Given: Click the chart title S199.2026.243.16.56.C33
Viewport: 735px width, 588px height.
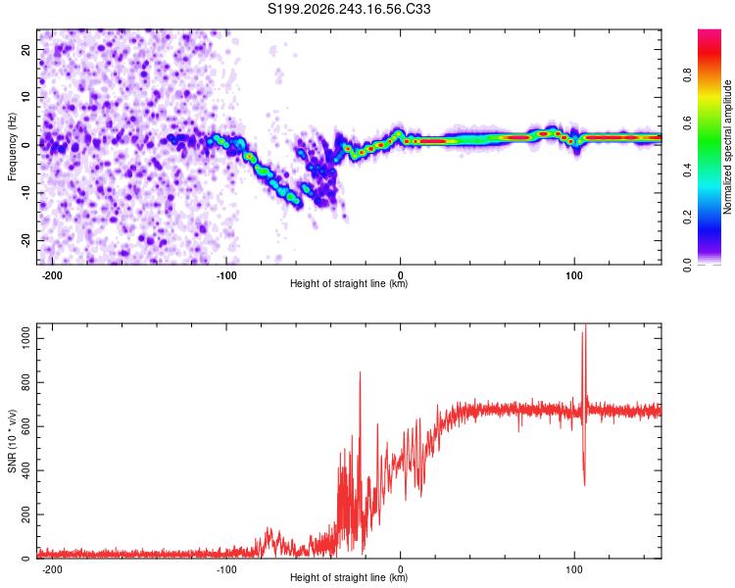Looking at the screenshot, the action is (349, 9).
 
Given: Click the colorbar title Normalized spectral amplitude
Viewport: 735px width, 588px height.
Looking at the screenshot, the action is (727, 147).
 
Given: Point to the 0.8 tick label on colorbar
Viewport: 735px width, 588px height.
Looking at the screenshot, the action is (688, 74).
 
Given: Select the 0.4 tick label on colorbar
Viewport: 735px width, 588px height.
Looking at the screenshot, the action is (688, 171).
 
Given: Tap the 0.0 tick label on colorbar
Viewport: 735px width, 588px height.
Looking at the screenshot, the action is (688, 266).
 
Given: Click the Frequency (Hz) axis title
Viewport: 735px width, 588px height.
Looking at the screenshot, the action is (12, 147).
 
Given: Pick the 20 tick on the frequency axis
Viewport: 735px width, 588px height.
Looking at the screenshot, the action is (26, 49).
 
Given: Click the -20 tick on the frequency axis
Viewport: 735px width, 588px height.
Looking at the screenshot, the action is (26, 240).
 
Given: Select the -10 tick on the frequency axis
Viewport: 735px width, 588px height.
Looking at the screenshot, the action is (26, 193).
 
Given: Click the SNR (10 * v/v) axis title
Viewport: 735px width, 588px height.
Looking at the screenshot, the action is (12, 441).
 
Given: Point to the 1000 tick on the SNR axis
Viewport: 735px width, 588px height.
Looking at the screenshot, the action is (26, 338).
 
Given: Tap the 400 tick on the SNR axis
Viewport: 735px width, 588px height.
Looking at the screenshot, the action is (26, 470).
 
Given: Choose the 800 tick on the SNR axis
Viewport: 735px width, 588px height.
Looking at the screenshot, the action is (26, 382).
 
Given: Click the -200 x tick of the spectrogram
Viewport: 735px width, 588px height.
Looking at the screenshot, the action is (52, 275).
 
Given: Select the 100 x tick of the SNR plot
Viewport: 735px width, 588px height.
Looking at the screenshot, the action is (574, 569).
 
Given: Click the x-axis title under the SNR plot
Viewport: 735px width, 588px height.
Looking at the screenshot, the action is (349, 577).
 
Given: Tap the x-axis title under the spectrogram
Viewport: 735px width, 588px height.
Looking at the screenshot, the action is (349, 283).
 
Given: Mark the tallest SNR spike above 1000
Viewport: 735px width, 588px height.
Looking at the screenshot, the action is (586, 325).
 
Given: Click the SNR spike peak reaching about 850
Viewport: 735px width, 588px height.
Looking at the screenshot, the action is (360, 372).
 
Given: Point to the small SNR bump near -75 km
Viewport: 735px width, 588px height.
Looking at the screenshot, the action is (269, 529).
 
